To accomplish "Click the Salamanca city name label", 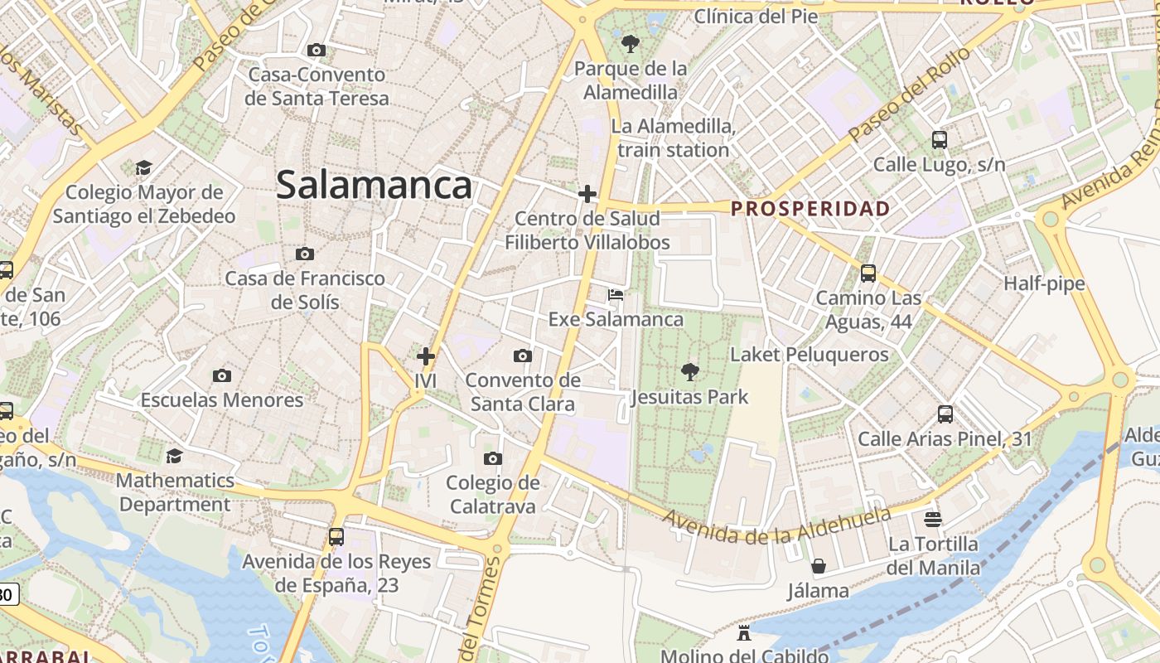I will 374,184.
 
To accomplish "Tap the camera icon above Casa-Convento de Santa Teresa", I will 316,51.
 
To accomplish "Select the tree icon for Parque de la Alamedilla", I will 630,43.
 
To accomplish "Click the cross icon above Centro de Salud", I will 587,194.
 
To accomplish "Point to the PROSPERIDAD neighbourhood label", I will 810,208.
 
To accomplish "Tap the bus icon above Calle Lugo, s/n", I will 939,139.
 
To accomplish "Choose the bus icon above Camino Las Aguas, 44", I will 868,273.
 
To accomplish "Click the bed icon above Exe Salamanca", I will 615,295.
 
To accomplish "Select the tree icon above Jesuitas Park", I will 689,371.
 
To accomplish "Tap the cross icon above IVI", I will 426,356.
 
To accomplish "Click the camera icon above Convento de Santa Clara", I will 522,356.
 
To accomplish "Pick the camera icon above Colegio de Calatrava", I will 492,458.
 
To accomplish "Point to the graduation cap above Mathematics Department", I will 174,456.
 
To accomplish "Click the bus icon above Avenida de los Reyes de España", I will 336,536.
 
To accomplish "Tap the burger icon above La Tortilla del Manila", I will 933,520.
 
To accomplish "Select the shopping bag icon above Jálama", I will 818,566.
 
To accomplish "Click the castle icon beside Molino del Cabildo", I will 744,634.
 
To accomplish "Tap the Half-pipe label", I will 1044,283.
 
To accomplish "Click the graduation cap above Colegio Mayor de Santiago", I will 143,168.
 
